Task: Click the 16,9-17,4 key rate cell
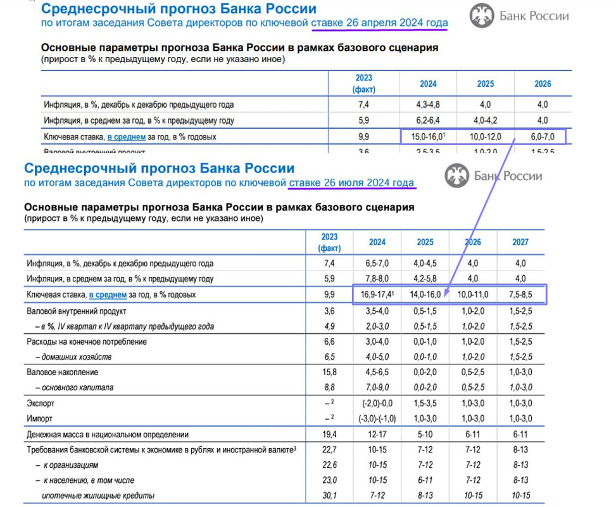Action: point(377,295)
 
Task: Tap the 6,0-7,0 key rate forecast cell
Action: point(542,136)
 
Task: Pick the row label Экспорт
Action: point(41,403)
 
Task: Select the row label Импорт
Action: point(40,419)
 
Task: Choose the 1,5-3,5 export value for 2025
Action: point(425,403)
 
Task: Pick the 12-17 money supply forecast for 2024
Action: point(377,435)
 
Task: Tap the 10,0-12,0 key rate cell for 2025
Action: point(485,136)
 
